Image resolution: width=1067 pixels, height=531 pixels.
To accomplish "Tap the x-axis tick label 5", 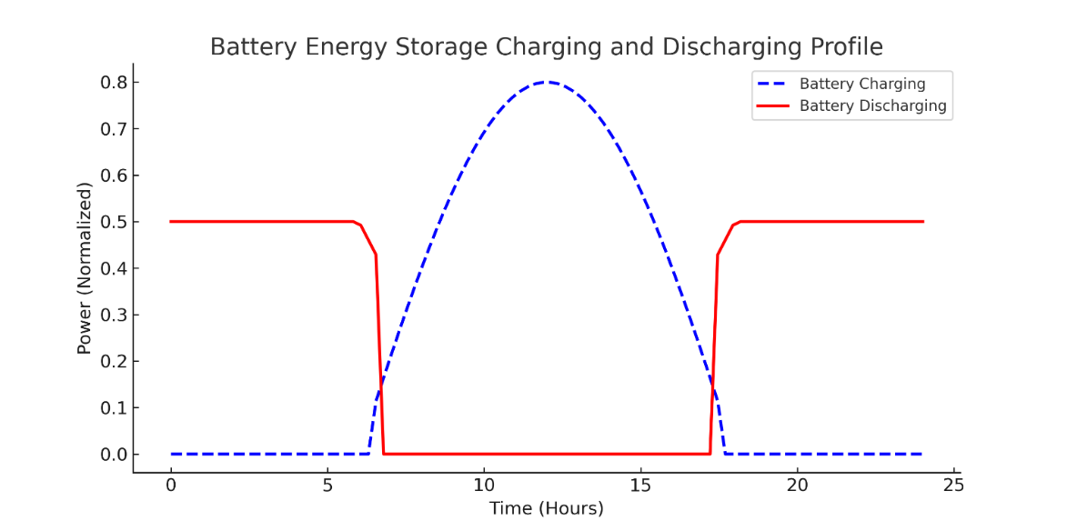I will [x=327, y=485].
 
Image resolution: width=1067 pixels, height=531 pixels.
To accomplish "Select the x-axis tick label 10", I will [x=484, y=485].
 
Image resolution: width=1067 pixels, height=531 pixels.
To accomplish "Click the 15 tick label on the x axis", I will [x=640, y=485].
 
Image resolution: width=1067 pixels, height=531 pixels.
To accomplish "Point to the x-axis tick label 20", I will [x=798, y=485].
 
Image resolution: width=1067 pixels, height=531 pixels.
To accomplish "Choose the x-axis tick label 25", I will [x=954, y=485].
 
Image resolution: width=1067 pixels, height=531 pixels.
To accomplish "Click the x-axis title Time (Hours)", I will [x=546, y=508].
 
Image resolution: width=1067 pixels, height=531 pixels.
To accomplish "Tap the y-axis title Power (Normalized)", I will [x=85, y=268].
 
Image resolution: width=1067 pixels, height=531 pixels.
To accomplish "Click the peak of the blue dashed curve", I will [x=547, y=83].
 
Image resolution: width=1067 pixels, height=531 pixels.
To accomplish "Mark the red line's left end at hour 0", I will [x=171, y=222].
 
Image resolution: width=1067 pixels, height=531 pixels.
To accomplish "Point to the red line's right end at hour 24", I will [x=922, y=222].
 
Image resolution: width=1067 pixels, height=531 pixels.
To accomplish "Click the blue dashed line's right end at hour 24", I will [x=922, y=454].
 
